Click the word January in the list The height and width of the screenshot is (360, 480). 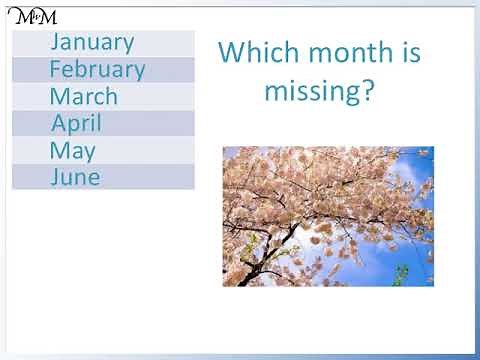tap(91, 42)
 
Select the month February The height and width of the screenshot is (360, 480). tap(97, 69)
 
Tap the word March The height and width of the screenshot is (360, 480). tap(83, 97)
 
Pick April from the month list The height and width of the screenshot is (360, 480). tap(76, 124)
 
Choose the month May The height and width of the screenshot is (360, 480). tap(72, 151)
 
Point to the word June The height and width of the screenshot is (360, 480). tap(75, 178)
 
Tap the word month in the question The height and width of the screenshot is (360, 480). tap(346, 53)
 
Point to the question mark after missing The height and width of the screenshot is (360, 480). tap(368, 91)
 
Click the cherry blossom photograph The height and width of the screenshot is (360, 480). tap(327, 216)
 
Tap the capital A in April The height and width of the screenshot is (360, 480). tap(59, 124)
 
